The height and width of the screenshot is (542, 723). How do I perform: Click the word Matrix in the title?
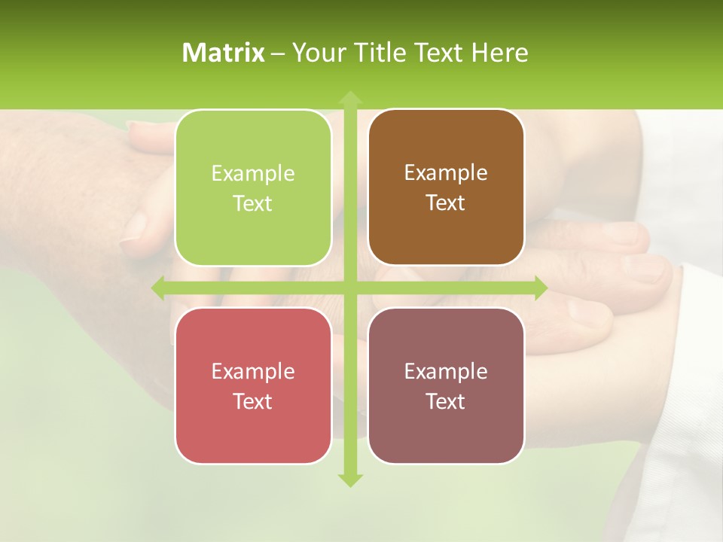click(224, 53)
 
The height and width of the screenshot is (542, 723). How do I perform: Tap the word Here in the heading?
click(499, 53)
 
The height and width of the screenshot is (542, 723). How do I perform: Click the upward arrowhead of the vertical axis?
click(349, 98)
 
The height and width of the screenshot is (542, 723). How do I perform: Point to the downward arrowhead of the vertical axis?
click(349, 479)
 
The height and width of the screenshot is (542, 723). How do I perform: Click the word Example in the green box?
click(253, 174)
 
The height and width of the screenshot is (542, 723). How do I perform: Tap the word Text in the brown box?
click(446, 203)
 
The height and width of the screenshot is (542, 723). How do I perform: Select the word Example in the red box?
click(253, 372)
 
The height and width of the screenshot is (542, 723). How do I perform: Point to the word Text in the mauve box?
click(446, 401)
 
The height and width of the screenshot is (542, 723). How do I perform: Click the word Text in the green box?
click(253, 204)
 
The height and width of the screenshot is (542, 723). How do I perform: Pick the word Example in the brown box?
click(446, 173)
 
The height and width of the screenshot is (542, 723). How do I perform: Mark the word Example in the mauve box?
click(446, 371)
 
